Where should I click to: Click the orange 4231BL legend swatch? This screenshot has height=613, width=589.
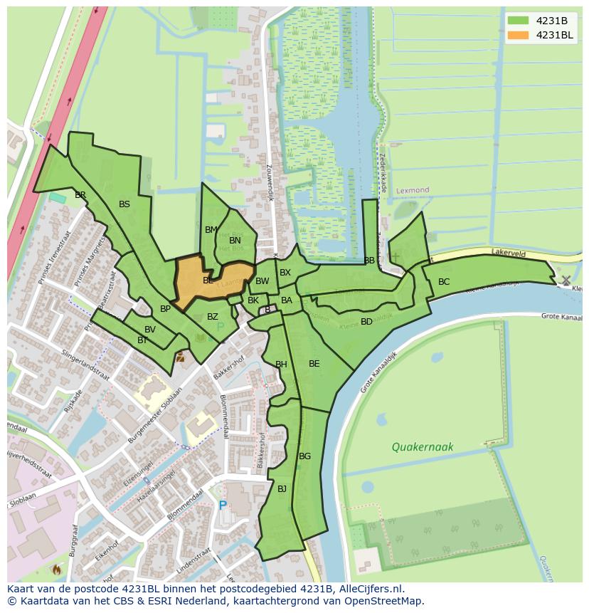[517, 35]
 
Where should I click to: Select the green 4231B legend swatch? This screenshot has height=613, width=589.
[517, 20]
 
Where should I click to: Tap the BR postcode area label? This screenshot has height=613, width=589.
[80, 195]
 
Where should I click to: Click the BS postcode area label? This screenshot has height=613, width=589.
[124, 204]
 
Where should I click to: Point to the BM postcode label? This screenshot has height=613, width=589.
[211, 230]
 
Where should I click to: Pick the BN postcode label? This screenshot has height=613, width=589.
[235, 241]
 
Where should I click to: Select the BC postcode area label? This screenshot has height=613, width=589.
[444, 282]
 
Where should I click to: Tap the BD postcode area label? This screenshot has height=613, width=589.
[366, 322]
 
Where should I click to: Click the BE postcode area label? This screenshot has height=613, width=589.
[314, 364]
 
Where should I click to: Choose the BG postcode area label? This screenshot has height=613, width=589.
[304, 456]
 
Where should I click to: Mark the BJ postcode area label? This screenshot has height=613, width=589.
[282, 488]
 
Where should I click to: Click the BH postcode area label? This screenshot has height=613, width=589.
[281, 365]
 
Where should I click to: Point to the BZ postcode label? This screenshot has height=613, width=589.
[213, 317]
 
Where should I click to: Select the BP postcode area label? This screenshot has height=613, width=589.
[165, 309]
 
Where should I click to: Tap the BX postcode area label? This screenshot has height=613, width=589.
[285, 273]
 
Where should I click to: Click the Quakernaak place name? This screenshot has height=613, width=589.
[422, 447]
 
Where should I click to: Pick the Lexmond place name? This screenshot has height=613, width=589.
[413, 191]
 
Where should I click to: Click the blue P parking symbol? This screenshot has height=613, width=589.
[223, 505]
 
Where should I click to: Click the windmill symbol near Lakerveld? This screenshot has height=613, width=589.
[566, 281]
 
